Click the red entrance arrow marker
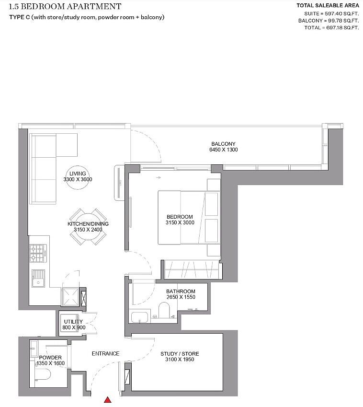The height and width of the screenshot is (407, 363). (x=108, y=399)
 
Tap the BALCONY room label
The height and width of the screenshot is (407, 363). (x=223, y=144)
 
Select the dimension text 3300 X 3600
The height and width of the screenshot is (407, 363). (x=77, y=179)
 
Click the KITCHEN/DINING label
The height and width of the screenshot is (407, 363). (x=88, y=224)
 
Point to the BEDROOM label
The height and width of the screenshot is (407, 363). (x=180, y=217)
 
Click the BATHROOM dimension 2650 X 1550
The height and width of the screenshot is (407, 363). (x=181, y=297)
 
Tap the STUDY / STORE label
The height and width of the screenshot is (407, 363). (x=180, y=354)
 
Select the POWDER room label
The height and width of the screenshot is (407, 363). (x=50, y=358)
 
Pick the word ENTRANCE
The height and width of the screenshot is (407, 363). (x=105, y=354)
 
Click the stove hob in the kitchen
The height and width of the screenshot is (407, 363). (x=37, y=253)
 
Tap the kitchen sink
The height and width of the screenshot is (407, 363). (x=38, y=278)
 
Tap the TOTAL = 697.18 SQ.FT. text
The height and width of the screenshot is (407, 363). (x=331, y=28)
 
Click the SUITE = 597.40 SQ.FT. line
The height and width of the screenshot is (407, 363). (x=328, y=13)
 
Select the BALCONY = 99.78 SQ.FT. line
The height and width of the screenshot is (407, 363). (x=328, y=21)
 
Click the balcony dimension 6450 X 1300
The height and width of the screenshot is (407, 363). (x=223, y=150)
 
